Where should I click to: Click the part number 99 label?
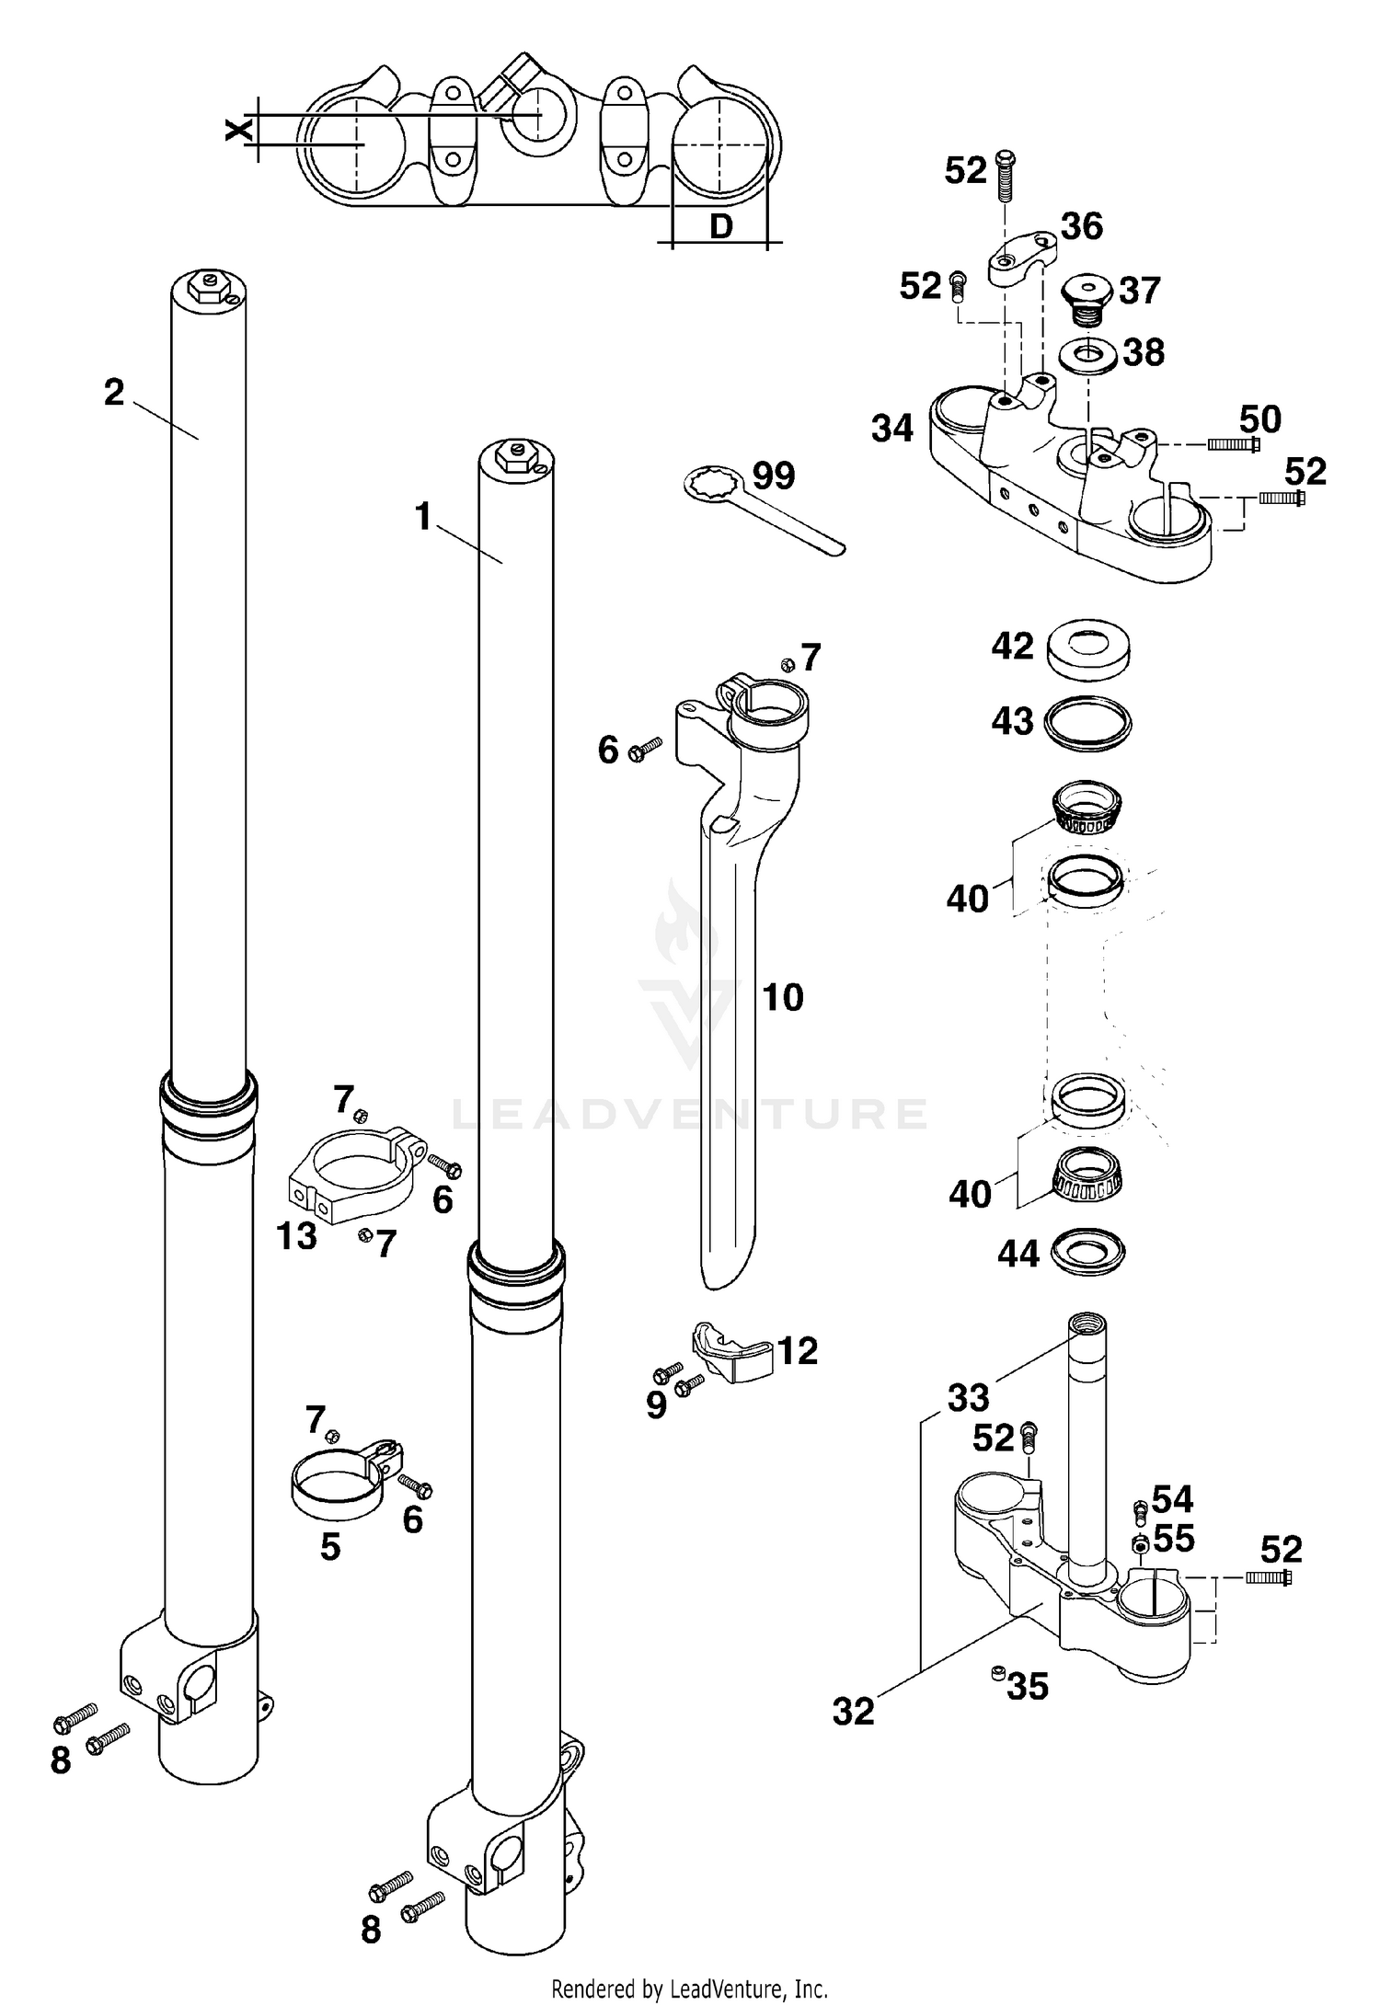(x=774, y=476)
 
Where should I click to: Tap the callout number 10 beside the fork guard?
(x=783, y=998)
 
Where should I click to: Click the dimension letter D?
(x=720, y=226)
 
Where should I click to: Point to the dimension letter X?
(x=238, y=131)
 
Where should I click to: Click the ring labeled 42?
(x=1088, y=648)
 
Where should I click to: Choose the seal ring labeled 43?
(x=1088, y=722)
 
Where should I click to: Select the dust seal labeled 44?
(x=1087, y=1253)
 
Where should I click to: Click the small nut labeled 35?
(x=995, y=1673)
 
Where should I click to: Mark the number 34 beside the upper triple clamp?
(x=891, y=429)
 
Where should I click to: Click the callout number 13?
(x=296, y=1237)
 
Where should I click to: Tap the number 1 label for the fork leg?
(x=422, y=518)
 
